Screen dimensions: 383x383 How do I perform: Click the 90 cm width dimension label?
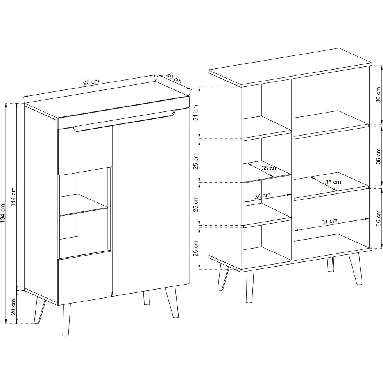coord(91,82)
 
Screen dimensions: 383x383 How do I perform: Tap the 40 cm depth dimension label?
coord(174,78)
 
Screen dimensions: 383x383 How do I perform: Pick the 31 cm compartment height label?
coord(196,113)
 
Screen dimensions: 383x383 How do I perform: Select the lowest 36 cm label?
coord(378,218)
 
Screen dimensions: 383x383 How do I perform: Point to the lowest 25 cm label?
coord(196,249)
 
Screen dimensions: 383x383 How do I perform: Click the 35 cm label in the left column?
coord(270,168)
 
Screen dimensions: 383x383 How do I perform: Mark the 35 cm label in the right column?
coord(333,182)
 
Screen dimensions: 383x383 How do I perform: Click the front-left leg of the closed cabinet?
coord(66,320)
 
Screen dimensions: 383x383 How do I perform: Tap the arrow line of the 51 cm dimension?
coord(331,224)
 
